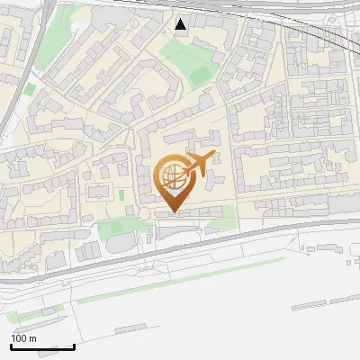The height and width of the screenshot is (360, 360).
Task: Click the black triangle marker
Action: tap(181, 24)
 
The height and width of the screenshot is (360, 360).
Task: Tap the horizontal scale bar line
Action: tap(42, 346)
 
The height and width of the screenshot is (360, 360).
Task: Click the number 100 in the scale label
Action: tap(20, 338)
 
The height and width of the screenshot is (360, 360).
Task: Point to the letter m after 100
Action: tap(32, 338)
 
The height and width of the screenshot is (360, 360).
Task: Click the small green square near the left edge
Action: tap(30, 90)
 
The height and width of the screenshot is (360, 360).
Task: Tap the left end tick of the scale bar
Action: tap(11, 345)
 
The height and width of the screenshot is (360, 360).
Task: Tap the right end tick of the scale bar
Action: tap(74, 345)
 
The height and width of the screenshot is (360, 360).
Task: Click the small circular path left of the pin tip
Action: tap(143, 213)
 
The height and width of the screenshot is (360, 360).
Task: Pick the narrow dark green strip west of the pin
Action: tap(122, 193)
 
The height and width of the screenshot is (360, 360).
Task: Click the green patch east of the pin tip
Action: tap(227, 213)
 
